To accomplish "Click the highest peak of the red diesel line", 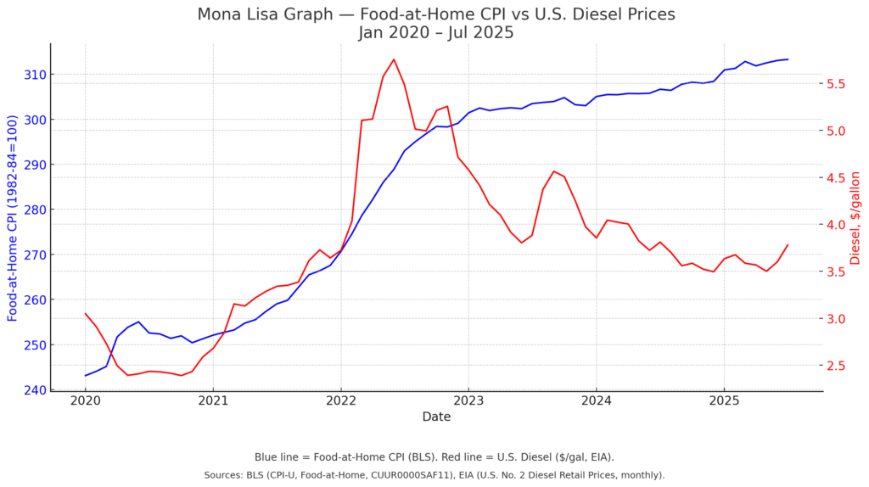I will (394, 59).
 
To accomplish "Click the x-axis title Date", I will (436, 417).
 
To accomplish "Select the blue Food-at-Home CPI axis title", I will (13, 217).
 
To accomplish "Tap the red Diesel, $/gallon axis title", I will (855, 217).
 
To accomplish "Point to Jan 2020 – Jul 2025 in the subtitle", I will (435, 33).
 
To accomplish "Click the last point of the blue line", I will (788, 59).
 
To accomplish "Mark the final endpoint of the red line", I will (788, 245).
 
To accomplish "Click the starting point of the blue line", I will (85, 375).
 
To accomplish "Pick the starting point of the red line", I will (85, 313).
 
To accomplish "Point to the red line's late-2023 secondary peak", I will (553, 171).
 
